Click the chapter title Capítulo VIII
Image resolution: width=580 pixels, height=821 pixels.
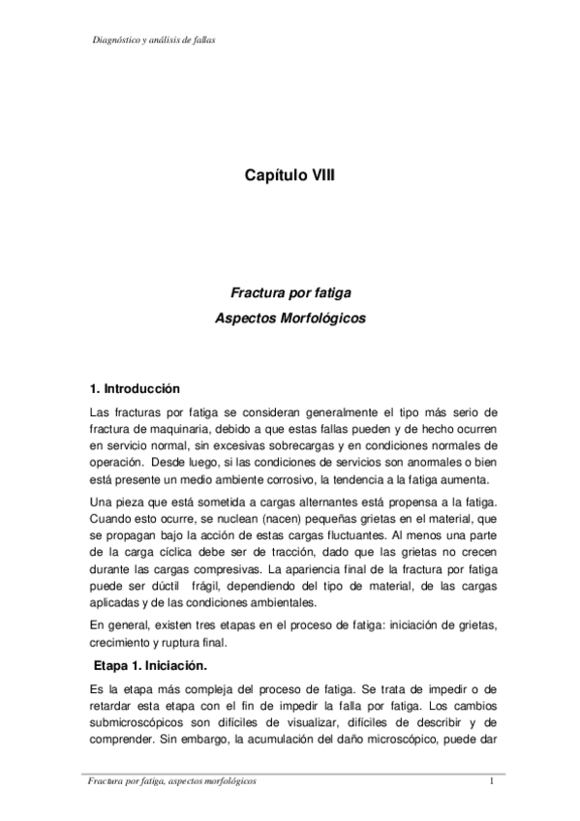(x=290, y=176)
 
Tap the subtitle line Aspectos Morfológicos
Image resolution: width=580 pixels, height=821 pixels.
(x=290, y=318)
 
